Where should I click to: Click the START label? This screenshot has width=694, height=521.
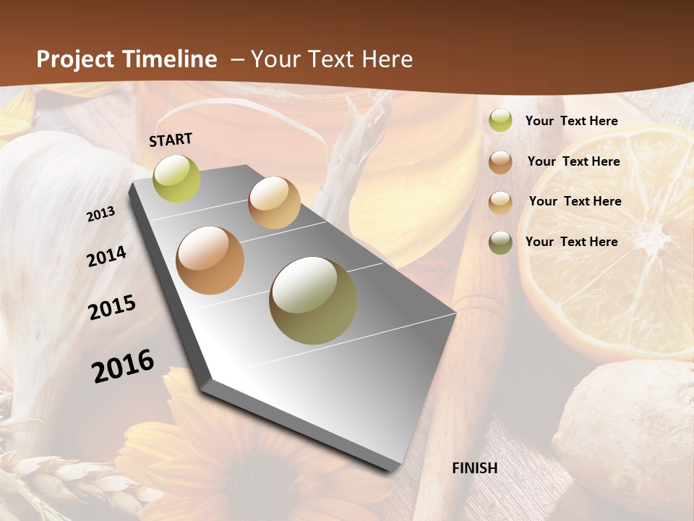coord(171,140)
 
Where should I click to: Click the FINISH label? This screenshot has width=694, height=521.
coord(474,468)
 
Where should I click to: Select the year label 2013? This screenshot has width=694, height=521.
coord(101,214)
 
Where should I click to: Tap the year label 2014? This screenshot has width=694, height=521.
coord(107,257)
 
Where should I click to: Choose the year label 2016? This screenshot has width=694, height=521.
coord(123,366)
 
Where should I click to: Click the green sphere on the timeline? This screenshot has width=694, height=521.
coord(176,178)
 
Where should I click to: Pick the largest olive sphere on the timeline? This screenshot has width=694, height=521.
coord(313,300)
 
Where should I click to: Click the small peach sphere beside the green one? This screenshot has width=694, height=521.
coord(274,203)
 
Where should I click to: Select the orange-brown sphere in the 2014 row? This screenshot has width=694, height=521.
coord(210,260)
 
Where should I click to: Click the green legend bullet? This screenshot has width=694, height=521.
coord(500,121)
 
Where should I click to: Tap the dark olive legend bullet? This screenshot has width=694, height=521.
coord(500,242)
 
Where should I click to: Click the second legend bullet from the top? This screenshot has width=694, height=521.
coord(500,162)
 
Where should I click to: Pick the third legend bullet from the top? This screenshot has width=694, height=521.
coord(500,202)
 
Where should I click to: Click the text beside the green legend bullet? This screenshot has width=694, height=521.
coord(571,121)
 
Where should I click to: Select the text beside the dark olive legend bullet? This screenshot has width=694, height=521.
coord(571,242)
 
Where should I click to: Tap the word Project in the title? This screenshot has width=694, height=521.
coord(72,59)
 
